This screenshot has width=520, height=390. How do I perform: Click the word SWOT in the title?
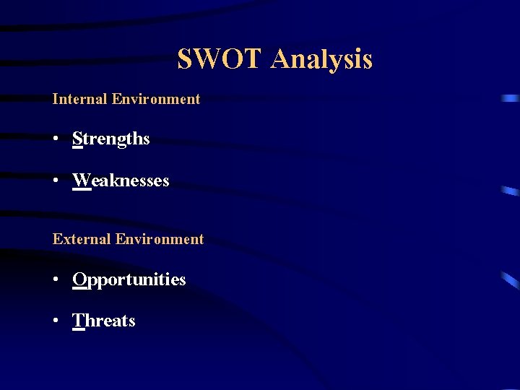click(x=220, y=59)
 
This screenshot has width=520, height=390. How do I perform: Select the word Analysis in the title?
click(x=321, y=59)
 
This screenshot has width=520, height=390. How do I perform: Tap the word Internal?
click(x=79, y=99)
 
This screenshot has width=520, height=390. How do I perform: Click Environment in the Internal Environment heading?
click(x=156, y=99)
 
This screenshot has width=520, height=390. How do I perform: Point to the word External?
click(x=81, y=239)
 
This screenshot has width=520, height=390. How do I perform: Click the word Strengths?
click(x=111, y=139)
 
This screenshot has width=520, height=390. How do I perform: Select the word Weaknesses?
click(x=121, y=181)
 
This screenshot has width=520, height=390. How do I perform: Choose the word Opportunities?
click(x=129, y=279)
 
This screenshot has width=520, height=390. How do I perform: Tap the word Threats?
click(x=104, y=321)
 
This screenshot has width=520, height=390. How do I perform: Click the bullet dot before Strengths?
click(x=56, y=139)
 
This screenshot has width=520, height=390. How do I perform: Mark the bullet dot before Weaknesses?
click(x=56, y=181)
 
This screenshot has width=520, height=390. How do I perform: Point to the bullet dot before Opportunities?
click(x=56, y=279)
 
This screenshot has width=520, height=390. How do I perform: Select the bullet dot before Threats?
click(x=56, y=321)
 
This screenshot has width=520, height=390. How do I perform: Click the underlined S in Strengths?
click(x=77, y=139)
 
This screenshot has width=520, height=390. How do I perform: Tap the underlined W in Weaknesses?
click(x=82, y=181)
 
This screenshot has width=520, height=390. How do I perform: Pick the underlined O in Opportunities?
click(x=80, y=279)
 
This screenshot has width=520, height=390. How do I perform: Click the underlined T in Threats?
click(x=79, y=321)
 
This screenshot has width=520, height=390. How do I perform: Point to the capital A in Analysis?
click(x=281, y=59)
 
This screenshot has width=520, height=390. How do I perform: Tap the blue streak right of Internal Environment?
click(x=511, y=98)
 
